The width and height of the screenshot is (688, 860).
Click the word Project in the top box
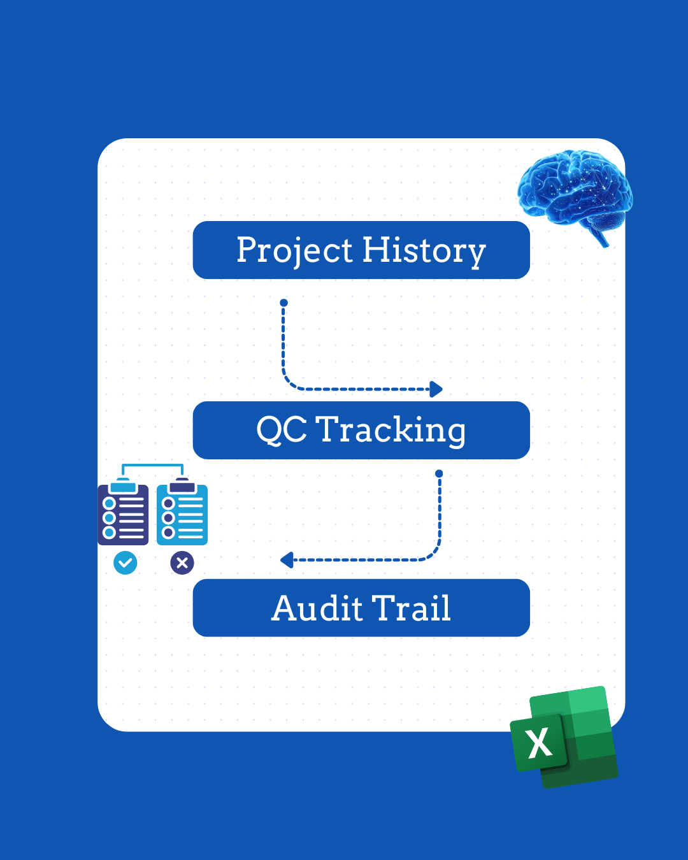click(x=294, y=250)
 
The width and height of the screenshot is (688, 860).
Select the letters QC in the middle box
click(x=282, y=430)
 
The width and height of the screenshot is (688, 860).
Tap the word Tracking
click(x=391, y=430)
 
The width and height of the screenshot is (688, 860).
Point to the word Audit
click(x=317, y=608)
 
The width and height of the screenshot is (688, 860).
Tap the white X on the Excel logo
click(x=540, y=743)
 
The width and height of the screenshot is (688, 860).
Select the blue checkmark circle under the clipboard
click(x=125, y=563)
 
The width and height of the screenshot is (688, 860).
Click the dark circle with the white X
click(x=182, y=563)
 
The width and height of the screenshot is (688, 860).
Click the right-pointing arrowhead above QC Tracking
click(x=436, y=389)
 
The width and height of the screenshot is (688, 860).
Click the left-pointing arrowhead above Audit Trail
click(x=287, y=560)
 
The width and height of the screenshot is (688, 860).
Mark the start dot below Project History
click(x=283, y=303)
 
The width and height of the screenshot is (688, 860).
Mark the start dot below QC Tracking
click(x=439, y=473)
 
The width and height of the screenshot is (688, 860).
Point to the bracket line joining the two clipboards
click(x=152, y=466)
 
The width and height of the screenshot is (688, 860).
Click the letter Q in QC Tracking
click(x=269, y=430)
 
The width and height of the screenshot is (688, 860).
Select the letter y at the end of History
click(x=476, y=254)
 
